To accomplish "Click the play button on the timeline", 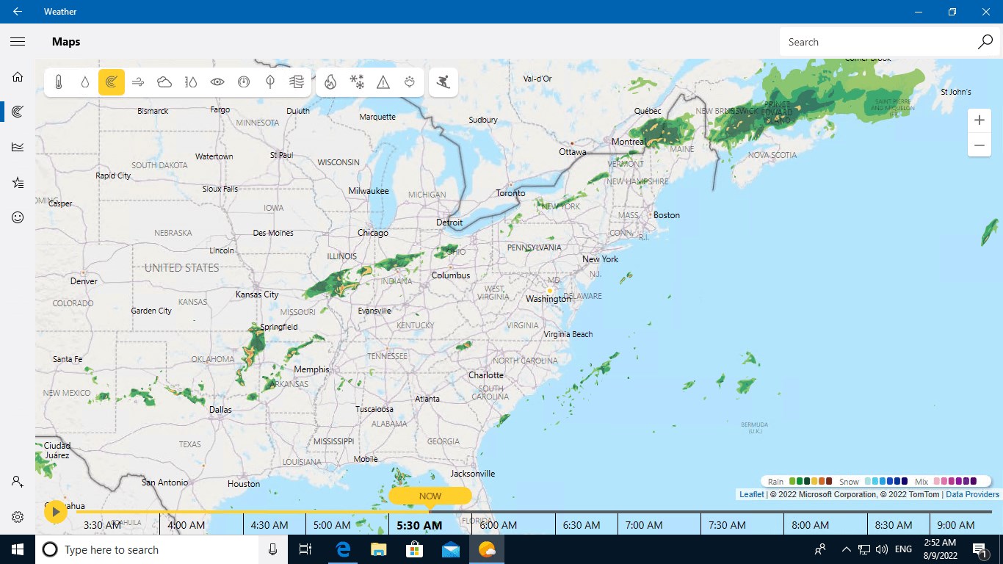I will [56, 511].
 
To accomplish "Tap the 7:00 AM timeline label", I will [644, 525].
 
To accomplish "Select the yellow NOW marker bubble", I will [430, 496].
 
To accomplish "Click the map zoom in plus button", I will [979, 120].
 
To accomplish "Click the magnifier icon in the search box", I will [985, 42].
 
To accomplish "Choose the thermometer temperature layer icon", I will [59, 82].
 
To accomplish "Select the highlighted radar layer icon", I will [112, 82].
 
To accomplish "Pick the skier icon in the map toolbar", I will [443, 82].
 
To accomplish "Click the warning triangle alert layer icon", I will [383, 82].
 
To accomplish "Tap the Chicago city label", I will [372, 233].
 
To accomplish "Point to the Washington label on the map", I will [548, 299].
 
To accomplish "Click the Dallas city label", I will [220, 410].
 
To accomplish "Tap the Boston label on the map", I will [667, 215].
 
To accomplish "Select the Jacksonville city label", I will [473, 474].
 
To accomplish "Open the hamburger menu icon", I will [18, 42].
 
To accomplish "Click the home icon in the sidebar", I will [18, 76].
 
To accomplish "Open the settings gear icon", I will [18, 517].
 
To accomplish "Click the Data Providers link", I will [972, 494].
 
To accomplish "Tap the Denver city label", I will [84, 281].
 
